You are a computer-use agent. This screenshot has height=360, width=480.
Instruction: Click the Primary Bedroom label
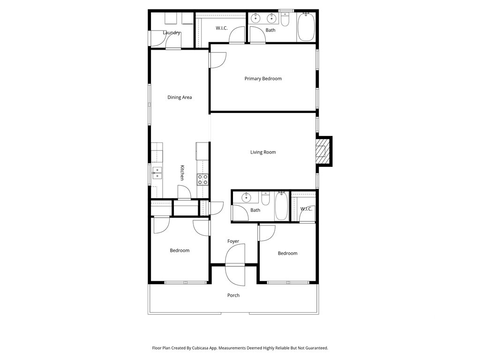click(263, 79)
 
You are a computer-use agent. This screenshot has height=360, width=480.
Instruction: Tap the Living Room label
click(263, 152)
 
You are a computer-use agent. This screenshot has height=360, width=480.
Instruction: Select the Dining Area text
click(180, 97)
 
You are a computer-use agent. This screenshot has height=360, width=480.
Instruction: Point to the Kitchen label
click(182, 172)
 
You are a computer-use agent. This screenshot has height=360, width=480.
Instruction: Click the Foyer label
click(233, 241)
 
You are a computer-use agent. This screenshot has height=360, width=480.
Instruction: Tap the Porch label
click(233, 295)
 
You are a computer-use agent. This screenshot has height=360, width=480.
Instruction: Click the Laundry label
click(172, 33)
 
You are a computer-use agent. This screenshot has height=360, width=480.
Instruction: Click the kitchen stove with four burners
click(202, 180)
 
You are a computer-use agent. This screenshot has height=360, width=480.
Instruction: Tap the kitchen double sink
click(157, 172)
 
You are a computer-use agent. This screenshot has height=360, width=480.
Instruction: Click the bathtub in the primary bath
click(306, 27)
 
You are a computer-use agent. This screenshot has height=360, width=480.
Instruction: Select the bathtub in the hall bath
click(281, 206)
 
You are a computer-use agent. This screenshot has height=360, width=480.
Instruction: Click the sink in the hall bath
click(246, 197)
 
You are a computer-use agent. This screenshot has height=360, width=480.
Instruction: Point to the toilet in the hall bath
click(265, 199)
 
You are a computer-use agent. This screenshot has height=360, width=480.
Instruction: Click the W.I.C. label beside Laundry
click(222, 28)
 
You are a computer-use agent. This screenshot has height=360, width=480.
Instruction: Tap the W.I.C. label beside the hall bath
click(306, 209)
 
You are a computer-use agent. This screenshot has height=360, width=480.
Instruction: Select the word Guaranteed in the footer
click(316, 348)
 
